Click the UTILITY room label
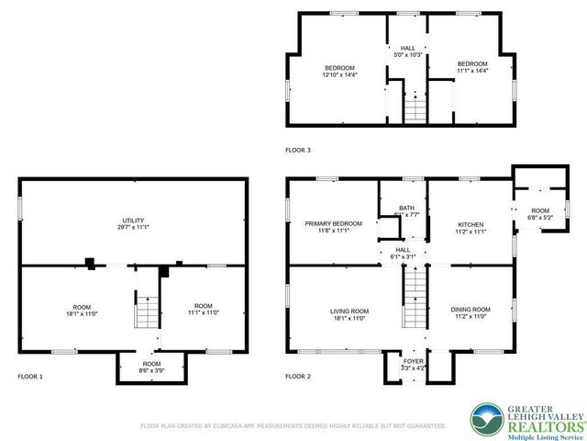pyautogui.click(x=134, y=220)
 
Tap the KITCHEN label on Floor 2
pyautogui.click(x=471, y=224)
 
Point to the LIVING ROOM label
pyautogui.click(x=349, y=311)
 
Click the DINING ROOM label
pyautogui.click(x=471, y=310)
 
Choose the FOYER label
pyautogui.click(x=415, y=361)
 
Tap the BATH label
pyautogui.click(x=405, y=209)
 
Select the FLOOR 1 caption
pyautogui.click(x=30, y=377)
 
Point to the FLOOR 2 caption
pyautogui.click(x=298, y=377)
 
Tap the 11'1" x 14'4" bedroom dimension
pyautogui.click(x=473, y=70)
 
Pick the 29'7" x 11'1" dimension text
pyautogui.click(x=134, y=227)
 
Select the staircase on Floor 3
pyautogui.click(x=415, y=108)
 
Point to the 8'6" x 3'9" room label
pyautogui.click(x=151, y=370)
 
